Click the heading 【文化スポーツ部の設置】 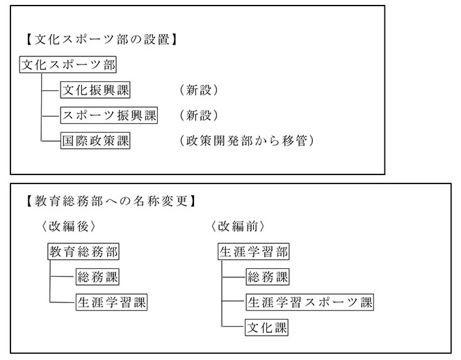click(102, 40)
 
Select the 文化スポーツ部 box click(68, 65)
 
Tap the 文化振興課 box click(95, 90)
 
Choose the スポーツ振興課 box click(109, 115)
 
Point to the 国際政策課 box click(95, 140)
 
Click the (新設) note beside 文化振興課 click(199, 90)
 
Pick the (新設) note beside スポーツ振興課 click(199, 115)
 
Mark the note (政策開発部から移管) click(246, 140)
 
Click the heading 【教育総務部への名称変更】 click(111, 202)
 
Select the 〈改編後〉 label click(69, 227)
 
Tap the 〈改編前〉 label click(238, 227)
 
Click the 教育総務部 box click(83, 252)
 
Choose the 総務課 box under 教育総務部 click(97, 277)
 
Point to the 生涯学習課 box click(111, 302)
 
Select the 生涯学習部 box click(253, 252)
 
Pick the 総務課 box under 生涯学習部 click(268, 277)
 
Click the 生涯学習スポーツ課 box click(310, 302)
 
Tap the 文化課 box click(266, 327)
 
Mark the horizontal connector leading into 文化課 click(234, 326)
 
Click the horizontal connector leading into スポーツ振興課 click(51, 116)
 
